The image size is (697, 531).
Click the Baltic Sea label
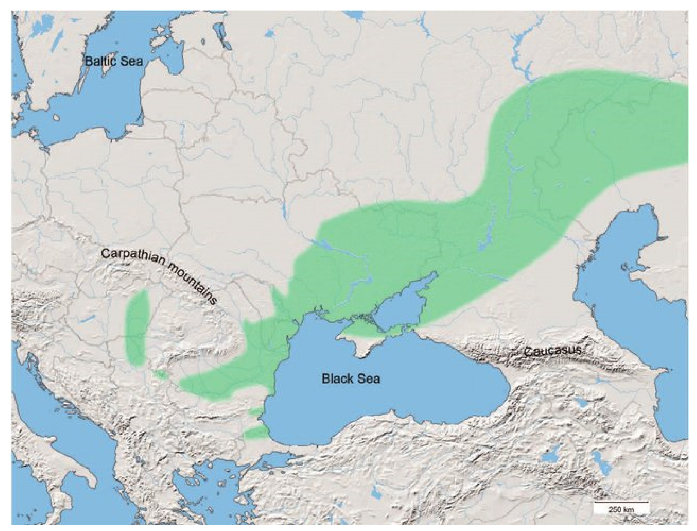pyautogui.click(x=114, y=61)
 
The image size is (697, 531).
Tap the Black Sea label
pyautogui.click(x=351, y=378)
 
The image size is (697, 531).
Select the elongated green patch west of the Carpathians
pyautogui.click(x=137, y=329)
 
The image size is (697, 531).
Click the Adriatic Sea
pyautogui.click(x=54, y=442)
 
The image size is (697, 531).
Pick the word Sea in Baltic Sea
pyautogui.click(x=131, y=61)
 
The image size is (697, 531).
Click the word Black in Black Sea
pyautogui.click(x=336, y=378)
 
